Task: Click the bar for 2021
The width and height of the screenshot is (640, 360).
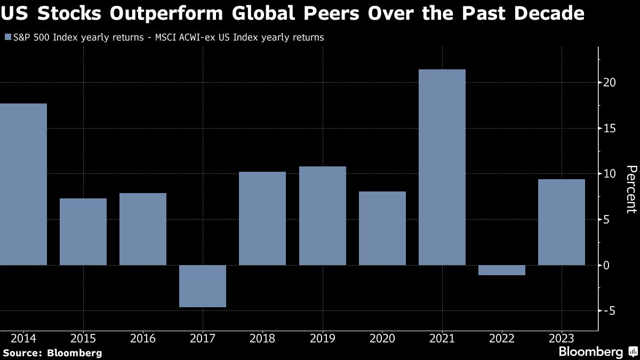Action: point(442,167)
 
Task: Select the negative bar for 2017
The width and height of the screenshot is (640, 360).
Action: point(203,286)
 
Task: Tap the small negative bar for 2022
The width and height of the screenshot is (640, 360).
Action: point(502,270)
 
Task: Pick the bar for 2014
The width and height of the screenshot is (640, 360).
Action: point(23,184)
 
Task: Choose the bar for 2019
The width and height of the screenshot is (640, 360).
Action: point(322,215)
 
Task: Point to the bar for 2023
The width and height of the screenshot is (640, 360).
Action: point(561,222)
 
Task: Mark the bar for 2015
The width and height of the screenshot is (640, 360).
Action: point(83,231)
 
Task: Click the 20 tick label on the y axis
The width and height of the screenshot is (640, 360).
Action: point(610,83)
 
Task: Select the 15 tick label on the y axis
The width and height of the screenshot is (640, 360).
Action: point(610,129)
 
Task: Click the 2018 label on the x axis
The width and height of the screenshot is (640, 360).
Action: point(262,339)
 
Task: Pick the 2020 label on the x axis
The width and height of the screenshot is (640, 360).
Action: point(382,339)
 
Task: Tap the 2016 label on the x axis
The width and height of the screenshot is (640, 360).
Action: point(142,339)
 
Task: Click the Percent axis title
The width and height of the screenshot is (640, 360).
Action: point(631,189)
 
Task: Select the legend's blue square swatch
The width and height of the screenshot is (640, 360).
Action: point(7,37)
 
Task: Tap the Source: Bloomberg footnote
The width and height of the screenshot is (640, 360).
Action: point(52,353)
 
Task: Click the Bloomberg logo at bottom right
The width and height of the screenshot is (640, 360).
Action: point(597,352)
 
